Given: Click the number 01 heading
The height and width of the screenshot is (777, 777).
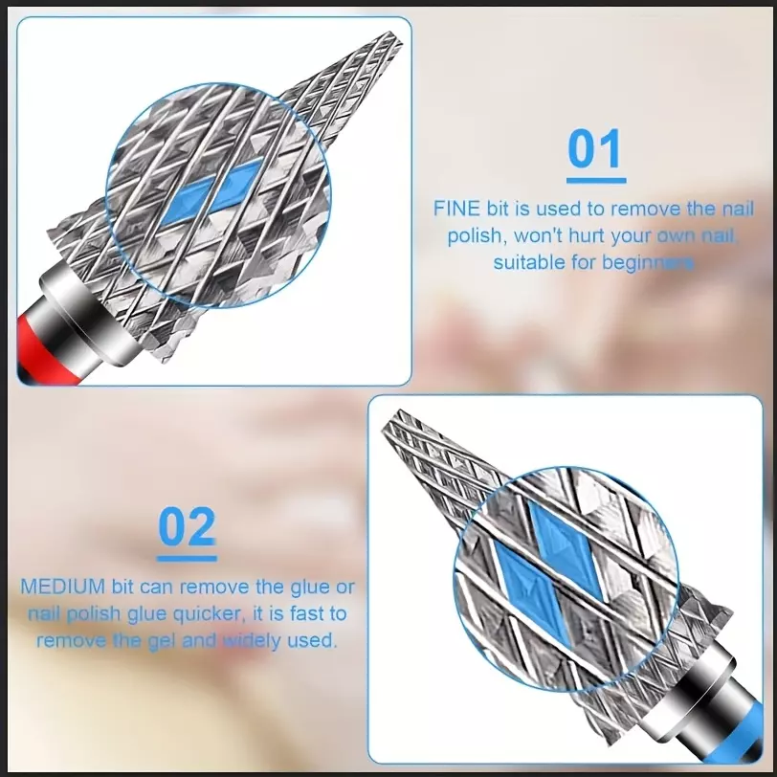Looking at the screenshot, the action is click(595, 148).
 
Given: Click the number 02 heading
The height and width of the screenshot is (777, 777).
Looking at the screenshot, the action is click(188, 526).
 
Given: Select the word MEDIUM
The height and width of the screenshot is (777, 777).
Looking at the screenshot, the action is click(62, 587).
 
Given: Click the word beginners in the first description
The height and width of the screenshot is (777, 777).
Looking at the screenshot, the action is click(648, 262).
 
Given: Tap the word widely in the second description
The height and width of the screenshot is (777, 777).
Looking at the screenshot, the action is click(252, 641).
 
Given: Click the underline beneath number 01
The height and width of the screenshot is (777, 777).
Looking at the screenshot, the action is click(596, 181).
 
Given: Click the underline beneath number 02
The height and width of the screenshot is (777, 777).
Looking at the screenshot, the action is click(187, 559).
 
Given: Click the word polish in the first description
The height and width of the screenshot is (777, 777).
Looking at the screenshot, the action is click(475, 236).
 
